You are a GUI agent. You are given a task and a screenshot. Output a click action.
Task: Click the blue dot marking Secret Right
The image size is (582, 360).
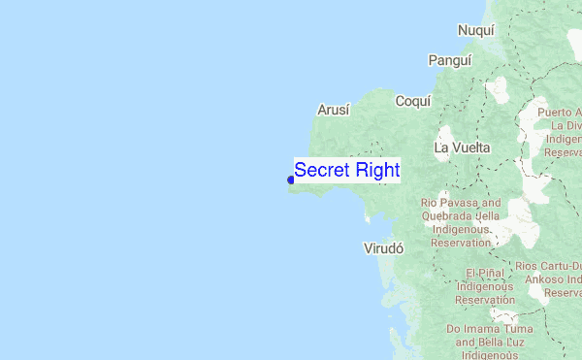(x=291, y=180)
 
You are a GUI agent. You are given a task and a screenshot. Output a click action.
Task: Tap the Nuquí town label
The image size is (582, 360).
(x=476, y=30)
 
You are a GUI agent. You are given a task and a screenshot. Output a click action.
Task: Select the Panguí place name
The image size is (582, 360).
(x=450, y=60)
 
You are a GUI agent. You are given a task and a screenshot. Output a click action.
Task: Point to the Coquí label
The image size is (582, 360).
(x=412, y=101)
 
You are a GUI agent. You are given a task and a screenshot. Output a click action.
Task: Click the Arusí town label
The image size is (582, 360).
(x=333, y=110)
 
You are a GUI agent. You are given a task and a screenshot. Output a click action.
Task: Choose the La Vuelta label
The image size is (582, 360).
(x=462, y=147)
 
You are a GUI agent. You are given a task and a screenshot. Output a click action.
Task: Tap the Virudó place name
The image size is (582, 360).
(x=382, y=247)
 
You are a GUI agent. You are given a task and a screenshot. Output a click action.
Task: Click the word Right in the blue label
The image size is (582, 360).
(x=375, y=171)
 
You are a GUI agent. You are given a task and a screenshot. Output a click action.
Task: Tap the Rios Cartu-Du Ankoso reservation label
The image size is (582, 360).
(x=552, y=278)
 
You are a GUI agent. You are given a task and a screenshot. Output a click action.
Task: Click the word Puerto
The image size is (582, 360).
(x=558, y=113)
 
